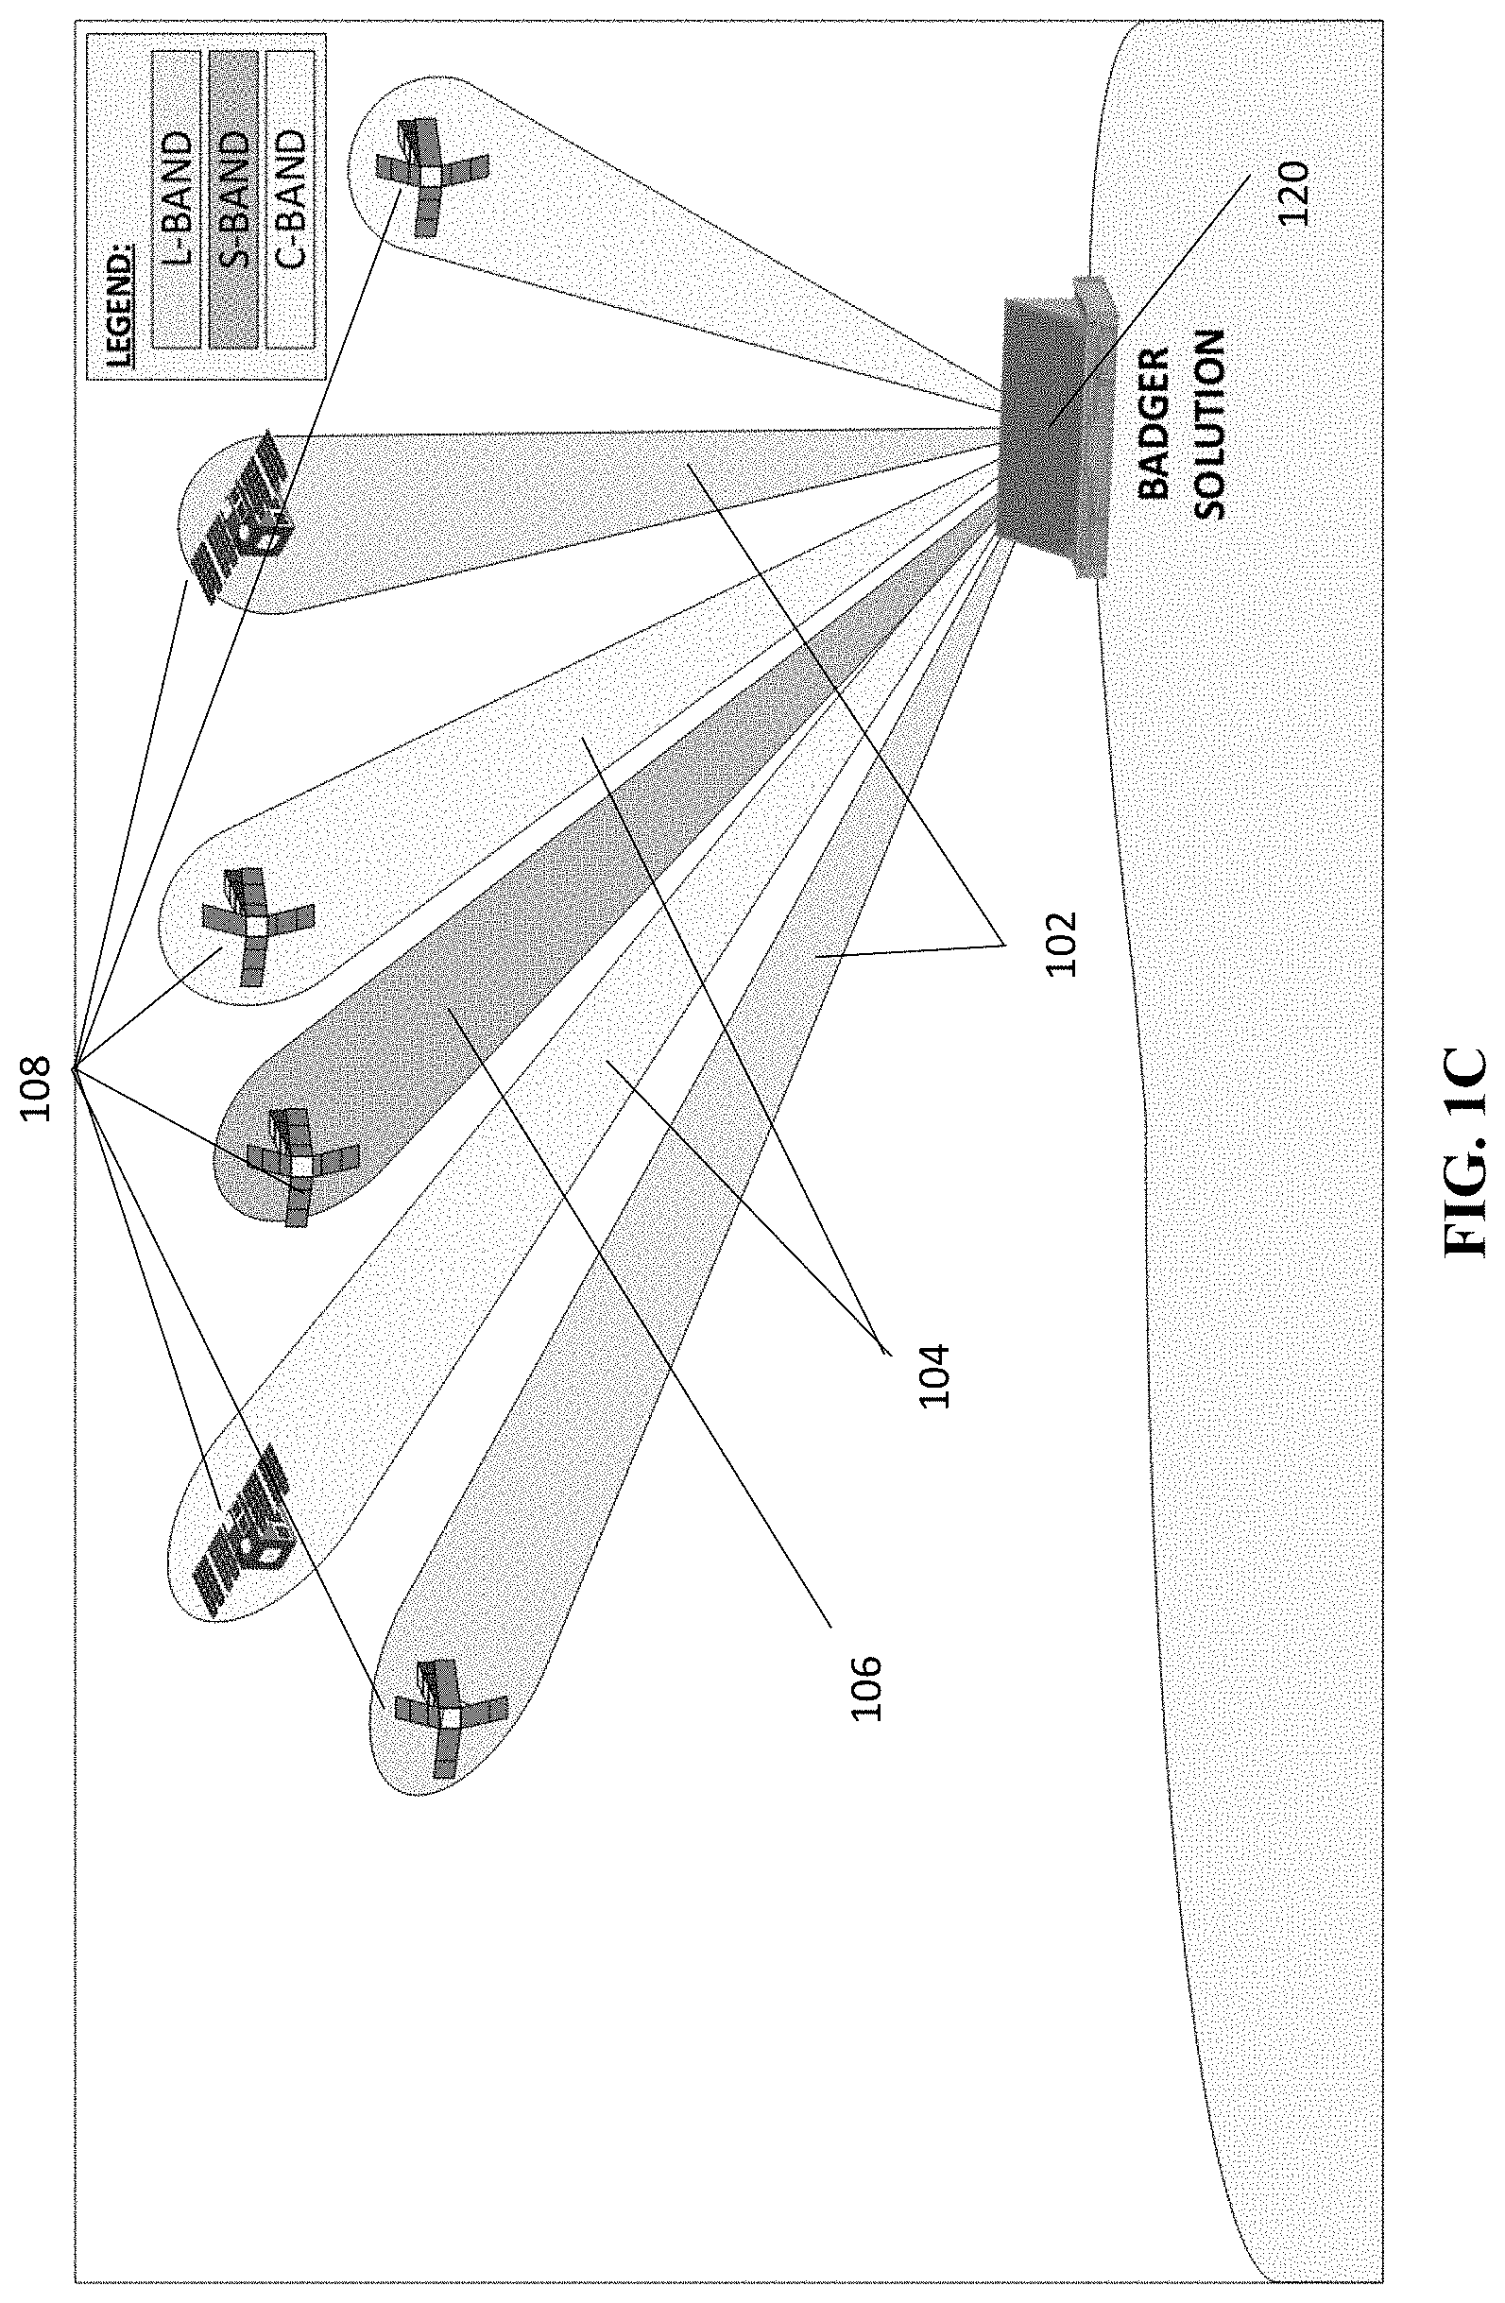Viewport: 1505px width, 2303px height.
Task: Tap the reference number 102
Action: [1061, 945]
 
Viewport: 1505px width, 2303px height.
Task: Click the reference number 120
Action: [1292, 194]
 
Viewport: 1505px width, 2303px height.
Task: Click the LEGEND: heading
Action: [118, 300]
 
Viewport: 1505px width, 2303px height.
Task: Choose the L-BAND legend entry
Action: [177, 198]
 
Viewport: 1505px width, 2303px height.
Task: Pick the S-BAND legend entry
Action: [233, 198]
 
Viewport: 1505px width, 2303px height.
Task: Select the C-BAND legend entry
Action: [290, 198]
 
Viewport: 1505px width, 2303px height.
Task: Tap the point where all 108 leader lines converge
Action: [73, 1068]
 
